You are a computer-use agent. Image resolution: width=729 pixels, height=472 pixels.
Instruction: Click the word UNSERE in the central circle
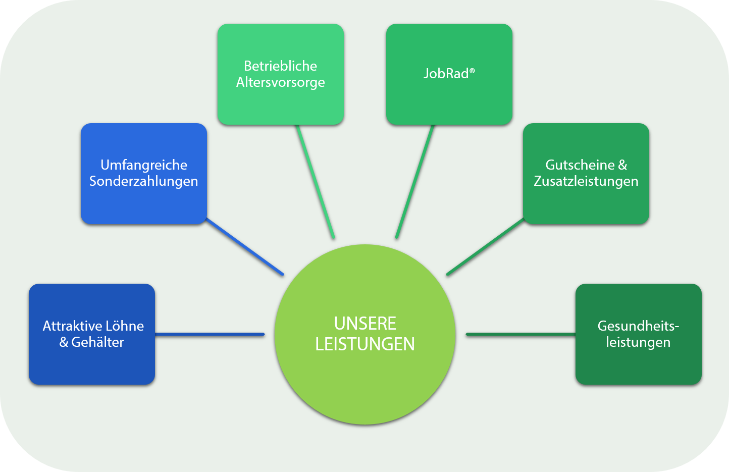click(x=365, y=323)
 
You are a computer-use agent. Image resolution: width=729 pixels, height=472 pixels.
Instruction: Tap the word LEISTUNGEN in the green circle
click(x=365, y=344)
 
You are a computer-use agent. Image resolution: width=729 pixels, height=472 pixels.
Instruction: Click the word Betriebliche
click(x=280, y=66)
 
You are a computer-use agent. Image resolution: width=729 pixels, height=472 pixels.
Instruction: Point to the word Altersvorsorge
click(x=280, y=82)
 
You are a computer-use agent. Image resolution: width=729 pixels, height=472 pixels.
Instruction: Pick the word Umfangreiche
click(x=144, y=165)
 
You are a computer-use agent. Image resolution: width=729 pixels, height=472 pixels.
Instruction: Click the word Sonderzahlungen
click(x=144, y=181)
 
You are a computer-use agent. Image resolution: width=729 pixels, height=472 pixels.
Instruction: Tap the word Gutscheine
click(x=580, y=165)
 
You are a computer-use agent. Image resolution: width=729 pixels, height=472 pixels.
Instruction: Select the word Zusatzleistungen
click(x=586, y=181)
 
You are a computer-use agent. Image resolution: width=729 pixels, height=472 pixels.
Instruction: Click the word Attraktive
click(x=73, y=326)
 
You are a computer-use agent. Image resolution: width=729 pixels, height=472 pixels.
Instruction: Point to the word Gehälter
click(x=97, y=342)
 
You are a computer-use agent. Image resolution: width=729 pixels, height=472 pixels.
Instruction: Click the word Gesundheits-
click(x=638, y=326)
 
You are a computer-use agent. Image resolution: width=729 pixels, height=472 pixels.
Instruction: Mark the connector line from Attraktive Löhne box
click(x=210, y=334)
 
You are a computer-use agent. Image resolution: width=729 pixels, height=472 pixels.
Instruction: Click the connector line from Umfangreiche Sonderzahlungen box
click(x=245, y=247)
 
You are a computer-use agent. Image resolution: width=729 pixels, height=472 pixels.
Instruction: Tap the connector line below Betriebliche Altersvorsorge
click(x=316, y=182)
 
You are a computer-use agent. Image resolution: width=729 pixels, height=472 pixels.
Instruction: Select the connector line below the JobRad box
click(x=415, y=182)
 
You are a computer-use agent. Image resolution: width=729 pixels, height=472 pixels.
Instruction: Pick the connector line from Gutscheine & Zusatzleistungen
click(x=485, y=247)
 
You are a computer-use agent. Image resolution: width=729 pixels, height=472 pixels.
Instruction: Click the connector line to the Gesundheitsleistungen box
click(x=520, y=334)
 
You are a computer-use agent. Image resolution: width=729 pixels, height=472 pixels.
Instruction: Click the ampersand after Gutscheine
click(x=622, y=165)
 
